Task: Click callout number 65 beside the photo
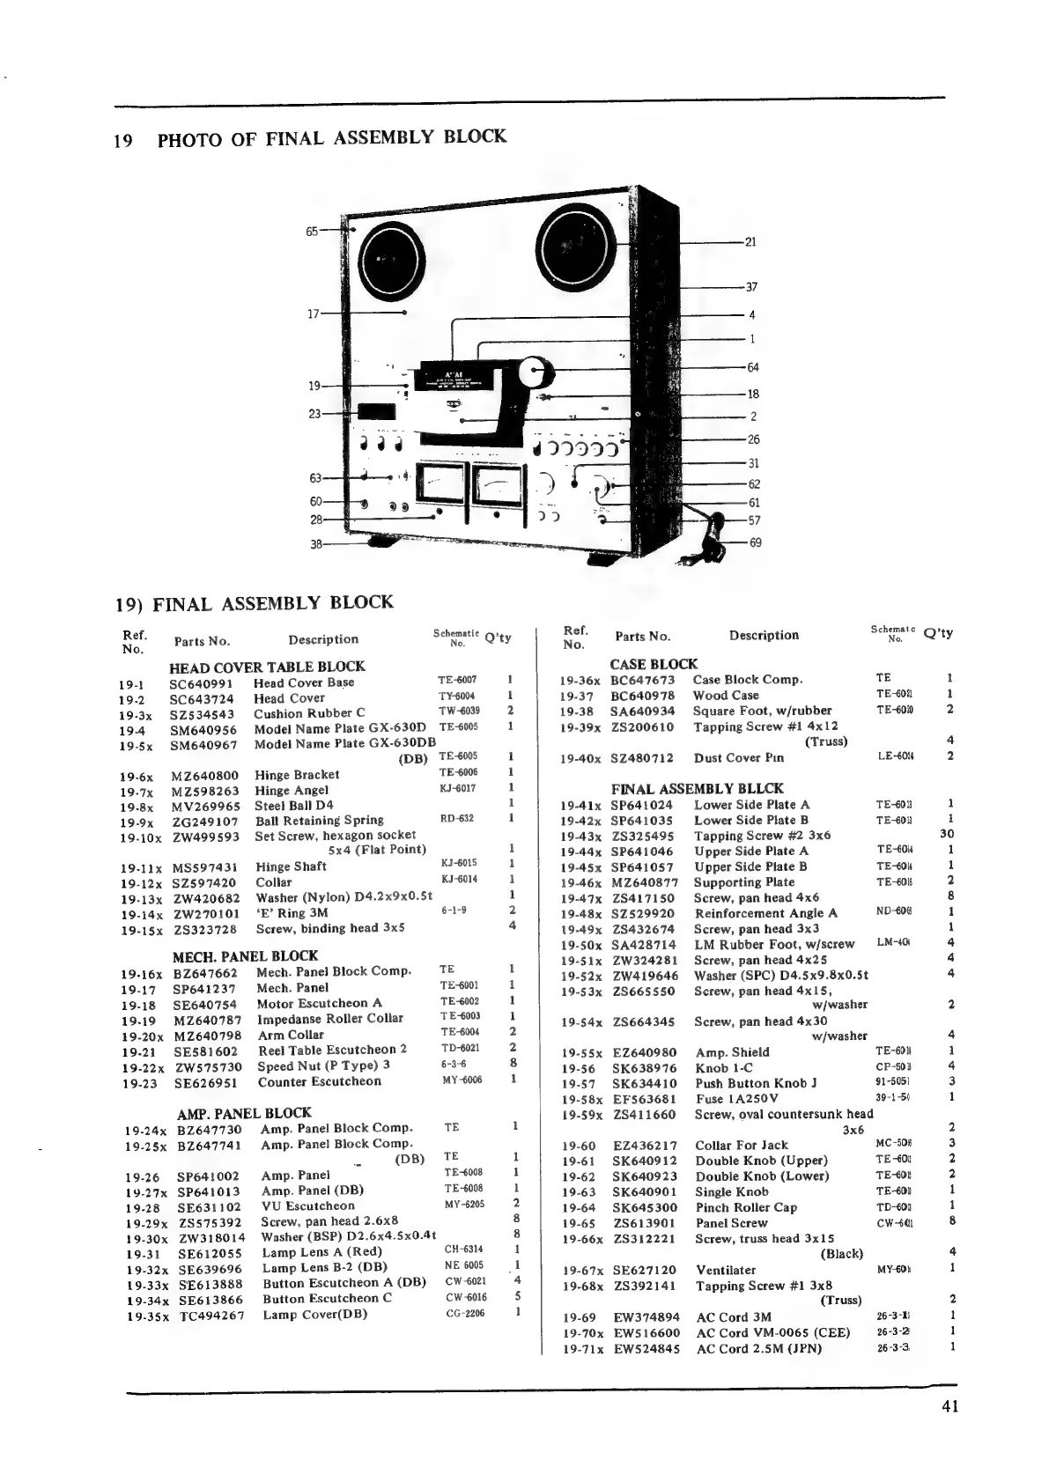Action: [312, 232]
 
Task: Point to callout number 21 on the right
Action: [751, 242]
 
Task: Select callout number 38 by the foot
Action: [315, 544]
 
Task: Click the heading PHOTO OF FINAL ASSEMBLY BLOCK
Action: [331, 138]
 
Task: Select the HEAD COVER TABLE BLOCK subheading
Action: [266, 667]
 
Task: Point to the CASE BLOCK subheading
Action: [654, 664]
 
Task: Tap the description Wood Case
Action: [726, 696]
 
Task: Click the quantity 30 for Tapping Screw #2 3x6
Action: [948, 834]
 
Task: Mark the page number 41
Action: [949, 1406]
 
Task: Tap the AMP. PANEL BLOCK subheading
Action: [244, 1113]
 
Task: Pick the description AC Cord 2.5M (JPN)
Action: [758, 1348]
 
